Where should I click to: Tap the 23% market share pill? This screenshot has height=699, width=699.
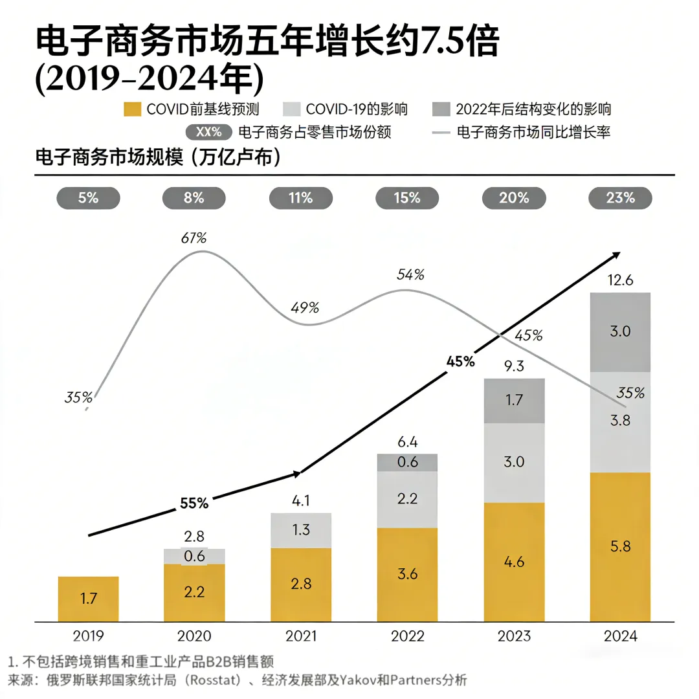(x=620, y=198)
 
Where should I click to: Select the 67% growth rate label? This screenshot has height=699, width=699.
(x=194, y=238)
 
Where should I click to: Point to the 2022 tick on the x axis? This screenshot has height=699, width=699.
(x=407, y=636)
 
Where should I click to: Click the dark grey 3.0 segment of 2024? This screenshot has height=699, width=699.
(x=620, y=332)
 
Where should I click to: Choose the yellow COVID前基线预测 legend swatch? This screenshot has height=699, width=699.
(x=131, y=109)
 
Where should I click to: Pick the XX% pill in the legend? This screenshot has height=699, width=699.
(x=208, y=133)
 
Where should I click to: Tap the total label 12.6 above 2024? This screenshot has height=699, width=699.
(x=620, y=280)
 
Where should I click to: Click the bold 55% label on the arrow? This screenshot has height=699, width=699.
(x=194, y=502)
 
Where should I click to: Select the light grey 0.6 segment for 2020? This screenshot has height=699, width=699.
(x=194, y=556)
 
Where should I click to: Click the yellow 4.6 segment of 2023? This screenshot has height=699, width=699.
(x=514, y=562)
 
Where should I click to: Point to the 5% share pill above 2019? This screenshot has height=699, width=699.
(x=89, y=198)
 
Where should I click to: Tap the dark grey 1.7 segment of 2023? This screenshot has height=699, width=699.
(x=514, y=401)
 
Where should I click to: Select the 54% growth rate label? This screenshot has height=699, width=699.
(x=410, y=274)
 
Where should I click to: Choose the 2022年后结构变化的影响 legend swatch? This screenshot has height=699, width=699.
(x=441, y=109)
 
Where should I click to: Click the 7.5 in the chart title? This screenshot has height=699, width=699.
(x=443, y=43)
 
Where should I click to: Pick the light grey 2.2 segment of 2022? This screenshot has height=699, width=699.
(x=407, y=499)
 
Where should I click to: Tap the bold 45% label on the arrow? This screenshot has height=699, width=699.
(x=460, y=362)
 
